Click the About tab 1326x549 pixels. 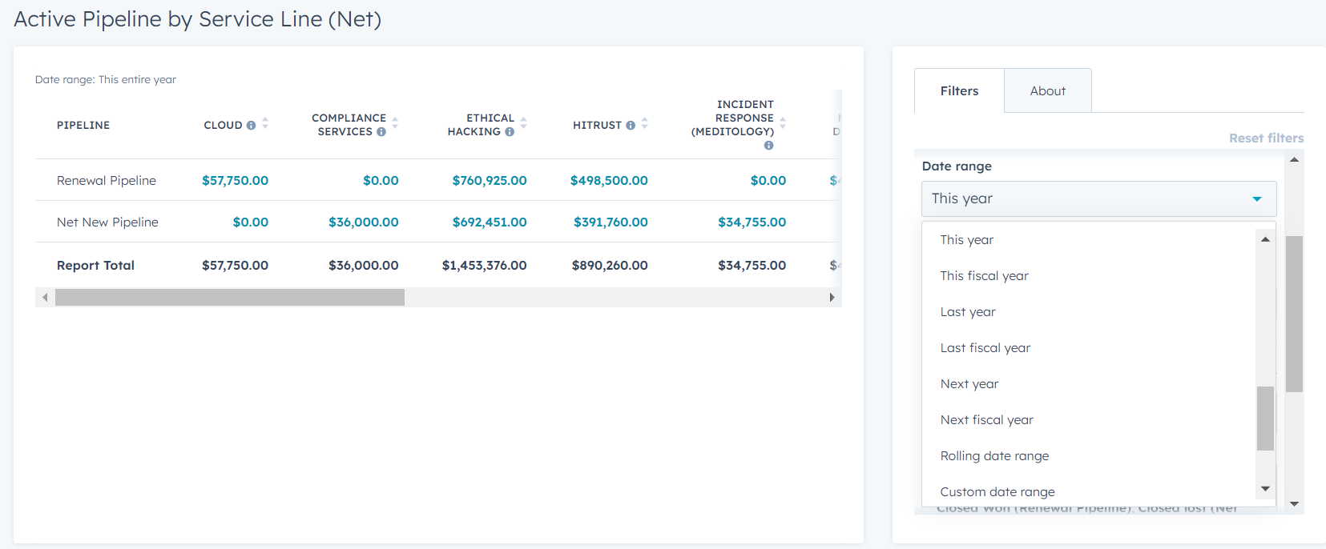tap(1047, 91)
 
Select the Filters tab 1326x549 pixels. tap(959, 91)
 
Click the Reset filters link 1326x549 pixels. tap(1266, 138)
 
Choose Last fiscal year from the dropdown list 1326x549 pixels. tap(985, 348)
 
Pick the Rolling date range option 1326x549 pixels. tap(994, 456)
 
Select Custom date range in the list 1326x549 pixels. tap(997, 491)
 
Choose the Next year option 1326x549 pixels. tap(969, 384)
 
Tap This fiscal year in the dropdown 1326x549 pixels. tap(984, 276)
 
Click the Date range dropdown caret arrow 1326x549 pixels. tap(1256, 199)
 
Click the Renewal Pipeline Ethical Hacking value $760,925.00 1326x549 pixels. tap(489, 181)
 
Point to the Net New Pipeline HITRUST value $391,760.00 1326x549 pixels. tap(610, 222)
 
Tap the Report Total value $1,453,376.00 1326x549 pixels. tap(484, 266)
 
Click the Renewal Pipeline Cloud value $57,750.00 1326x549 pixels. tap(235, 181)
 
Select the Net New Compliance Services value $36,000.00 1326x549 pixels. tap(363, 222)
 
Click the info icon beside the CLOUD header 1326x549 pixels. tap(251, 126)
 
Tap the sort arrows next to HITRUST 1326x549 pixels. tap(644, 124)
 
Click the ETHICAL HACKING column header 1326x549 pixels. tap(481, 125)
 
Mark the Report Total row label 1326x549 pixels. tap(95, 266)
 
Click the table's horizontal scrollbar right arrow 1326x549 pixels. tap(832, 298)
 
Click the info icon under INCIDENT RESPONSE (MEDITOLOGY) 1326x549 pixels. tap(768, 146)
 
